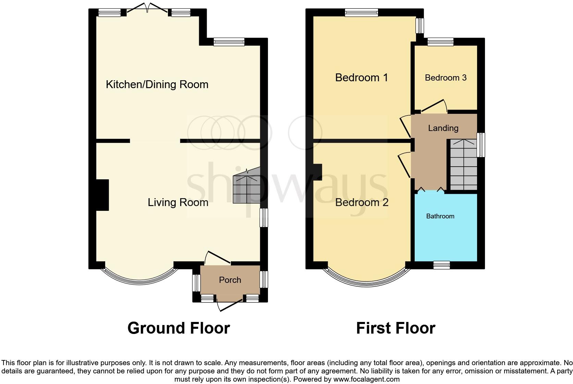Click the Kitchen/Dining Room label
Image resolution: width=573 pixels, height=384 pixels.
pos(157,84)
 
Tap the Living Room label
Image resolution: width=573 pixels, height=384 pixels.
pos(178,202)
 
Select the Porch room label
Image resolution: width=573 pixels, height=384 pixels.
pos(230,280)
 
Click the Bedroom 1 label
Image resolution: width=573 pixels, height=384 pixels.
pos(362,77)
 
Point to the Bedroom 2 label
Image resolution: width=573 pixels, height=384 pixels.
pos(362,202)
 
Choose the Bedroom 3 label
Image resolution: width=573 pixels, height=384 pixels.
pos(446,78)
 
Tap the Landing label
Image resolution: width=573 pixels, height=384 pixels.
pos(443,128)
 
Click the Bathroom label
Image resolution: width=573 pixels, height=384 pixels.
pos(440,216)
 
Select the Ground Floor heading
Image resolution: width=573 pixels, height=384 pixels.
pos(179,328)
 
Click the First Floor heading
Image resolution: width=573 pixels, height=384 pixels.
pos(395,328)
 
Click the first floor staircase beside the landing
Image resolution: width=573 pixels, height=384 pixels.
pos(463,165)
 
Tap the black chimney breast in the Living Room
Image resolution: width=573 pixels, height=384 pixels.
pos(102,195)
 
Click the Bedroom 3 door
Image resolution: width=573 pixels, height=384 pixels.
pos(434,106)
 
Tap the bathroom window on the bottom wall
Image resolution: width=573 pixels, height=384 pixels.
pos(441,265)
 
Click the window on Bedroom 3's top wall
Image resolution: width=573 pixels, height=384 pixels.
pos(440,42)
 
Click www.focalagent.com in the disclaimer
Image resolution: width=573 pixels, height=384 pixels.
pos(366,379)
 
